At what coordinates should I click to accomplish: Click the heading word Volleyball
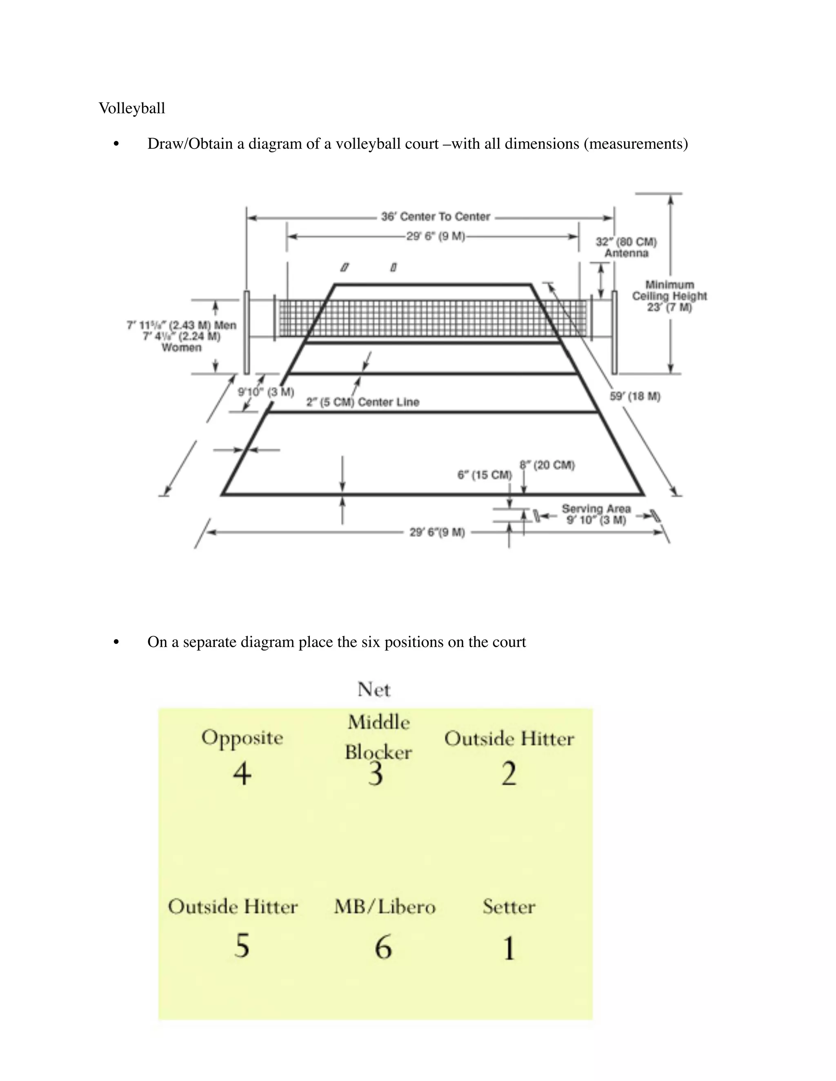coord(132,108)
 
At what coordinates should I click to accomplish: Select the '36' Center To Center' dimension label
coord(435,217)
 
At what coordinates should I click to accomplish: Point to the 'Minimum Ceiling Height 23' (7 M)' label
coord(669,296)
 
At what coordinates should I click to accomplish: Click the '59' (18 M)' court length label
coord(635,397)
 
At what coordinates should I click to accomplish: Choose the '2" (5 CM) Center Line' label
coord(362,402)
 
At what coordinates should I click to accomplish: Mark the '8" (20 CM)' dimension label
coord(547,465)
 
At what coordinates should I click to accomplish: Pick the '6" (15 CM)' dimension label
coord(485,475)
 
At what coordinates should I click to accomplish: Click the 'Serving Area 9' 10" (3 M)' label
coord(596,514)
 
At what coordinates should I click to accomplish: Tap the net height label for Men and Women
coord(182,336)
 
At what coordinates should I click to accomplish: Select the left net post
coord(246,332)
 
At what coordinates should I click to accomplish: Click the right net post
coord(614,332)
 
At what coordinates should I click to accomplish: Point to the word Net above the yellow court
coord(374,689)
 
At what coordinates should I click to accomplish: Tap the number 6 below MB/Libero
coord(383,947)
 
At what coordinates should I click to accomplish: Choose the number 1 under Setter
coord(509,948)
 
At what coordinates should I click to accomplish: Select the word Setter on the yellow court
coord(509,907)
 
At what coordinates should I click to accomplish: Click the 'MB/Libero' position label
coord(385,907)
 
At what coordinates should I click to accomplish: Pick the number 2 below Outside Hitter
coord(509,773)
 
